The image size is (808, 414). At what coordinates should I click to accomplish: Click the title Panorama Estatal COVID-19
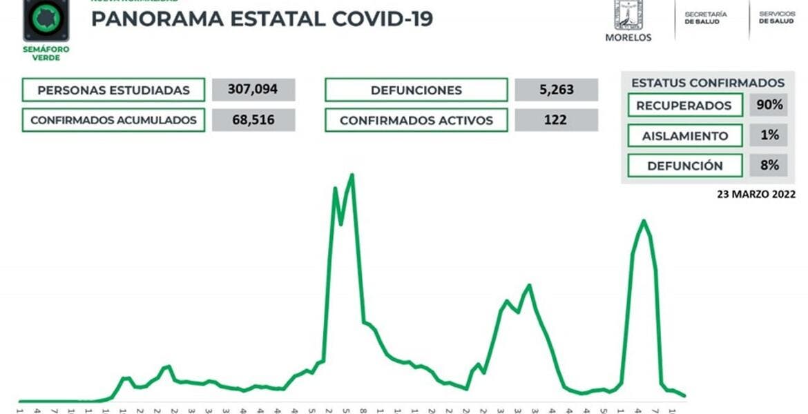[x=262, y=19]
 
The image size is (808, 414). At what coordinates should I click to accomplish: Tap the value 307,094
[x=253, y=90]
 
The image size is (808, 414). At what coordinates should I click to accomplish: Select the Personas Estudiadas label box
[x=113, y=90]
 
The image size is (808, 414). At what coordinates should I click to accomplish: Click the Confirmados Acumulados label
[x=113, y=120]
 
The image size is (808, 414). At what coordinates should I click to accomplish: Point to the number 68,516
[x=253, y=120]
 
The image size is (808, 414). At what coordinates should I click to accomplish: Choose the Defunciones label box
[x=416, y=90]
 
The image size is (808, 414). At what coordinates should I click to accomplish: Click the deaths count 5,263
[x=556, y=90]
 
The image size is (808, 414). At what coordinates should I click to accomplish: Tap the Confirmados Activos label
[x=416, y=120]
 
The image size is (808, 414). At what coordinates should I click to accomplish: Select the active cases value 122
[x=556, y=120]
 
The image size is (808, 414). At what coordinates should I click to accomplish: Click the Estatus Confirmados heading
[x=708, y=83]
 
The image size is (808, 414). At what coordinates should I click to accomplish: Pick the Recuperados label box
[x=684, y=106]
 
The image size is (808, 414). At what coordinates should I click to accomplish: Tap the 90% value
[x=769, y=106]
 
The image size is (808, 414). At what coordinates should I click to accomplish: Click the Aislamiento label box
[x=684, y=136]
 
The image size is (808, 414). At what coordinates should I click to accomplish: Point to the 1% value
[x=769, y=135]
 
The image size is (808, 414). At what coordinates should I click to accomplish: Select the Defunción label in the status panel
[x=684, y=166]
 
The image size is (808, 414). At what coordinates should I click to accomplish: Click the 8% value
[x=769, y=165]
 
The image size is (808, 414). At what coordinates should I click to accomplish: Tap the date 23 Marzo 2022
[x=756, y=195]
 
